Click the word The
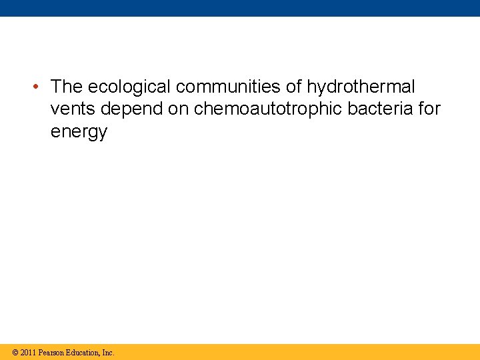(x=66, y=87)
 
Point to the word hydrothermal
(x=361, y=87)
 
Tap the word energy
(x=79, y=132)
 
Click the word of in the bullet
(x=294, y=87)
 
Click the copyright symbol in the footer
(x=15, y=352)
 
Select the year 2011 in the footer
(x=28, y=352)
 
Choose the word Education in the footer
(x=83, y=352)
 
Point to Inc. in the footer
(x=108, y=352)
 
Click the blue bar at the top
(x=240, y=8)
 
